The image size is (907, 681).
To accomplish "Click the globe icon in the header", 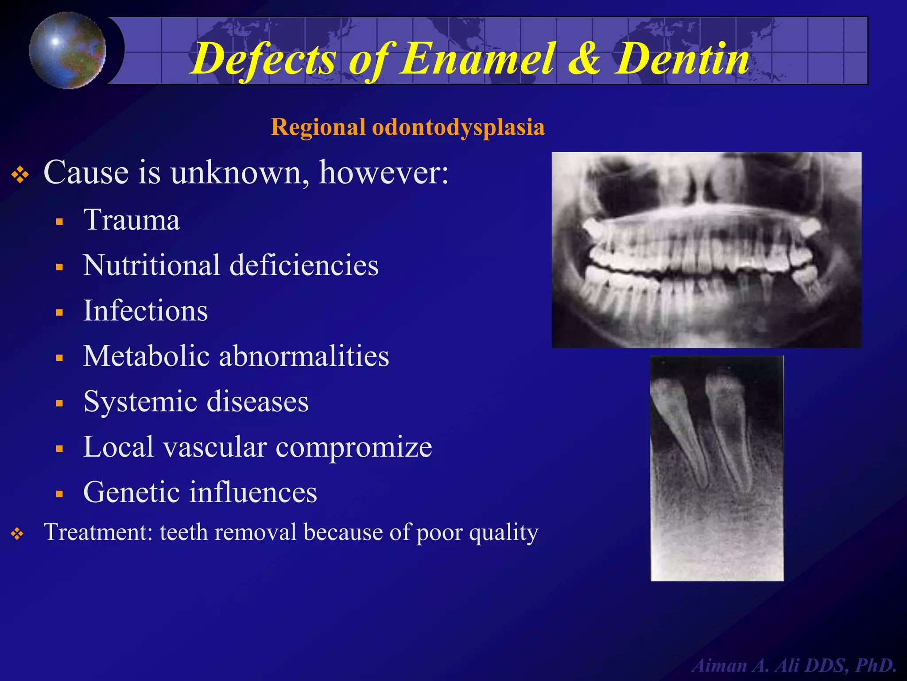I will pyautogui.click(x=67, y=50).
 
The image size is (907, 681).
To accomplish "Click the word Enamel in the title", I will pyautogui.click(x=477, y=59).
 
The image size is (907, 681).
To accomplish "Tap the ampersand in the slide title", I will pyautogui.click(x=586, y=59).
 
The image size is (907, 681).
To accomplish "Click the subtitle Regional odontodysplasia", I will pyautogui.click(x=407, y=127).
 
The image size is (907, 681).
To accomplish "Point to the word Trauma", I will pyautogui.click(x=132, y=220).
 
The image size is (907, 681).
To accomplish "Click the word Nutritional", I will pyautogui.click(x=151, y=265).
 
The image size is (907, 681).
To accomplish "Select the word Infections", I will pyautogui.click(x=145, y=311).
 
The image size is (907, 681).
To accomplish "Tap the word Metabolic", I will pyautogui.click(x=146, y=356).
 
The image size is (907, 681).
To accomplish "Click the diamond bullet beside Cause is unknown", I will pyautogui.click(x=20, y=175).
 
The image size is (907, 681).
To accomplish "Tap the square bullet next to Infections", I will pyautogui.click(x=60, y=313).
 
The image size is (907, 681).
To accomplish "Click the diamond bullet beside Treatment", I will pyautogui.click(x=17, y=534).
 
